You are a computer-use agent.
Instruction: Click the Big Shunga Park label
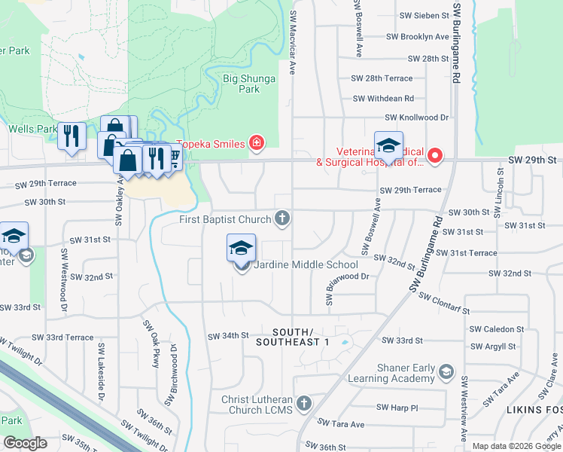point(249,83)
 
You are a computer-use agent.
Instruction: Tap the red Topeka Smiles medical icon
point(257,143)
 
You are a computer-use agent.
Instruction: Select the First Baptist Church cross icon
point(282,219)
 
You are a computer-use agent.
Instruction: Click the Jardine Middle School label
point(305,264)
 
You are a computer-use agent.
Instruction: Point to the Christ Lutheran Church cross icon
point(304,405)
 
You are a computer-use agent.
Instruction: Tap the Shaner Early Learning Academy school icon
point(446,372)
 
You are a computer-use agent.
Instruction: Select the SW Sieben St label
point(424,15)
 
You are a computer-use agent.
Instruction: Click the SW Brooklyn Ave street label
point(417,37)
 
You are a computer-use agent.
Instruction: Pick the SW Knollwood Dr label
point(416,118)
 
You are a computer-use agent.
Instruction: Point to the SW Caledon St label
point(497,329)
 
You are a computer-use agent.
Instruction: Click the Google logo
point(25,443)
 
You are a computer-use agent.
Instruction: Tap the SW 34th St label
point(228,335)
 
